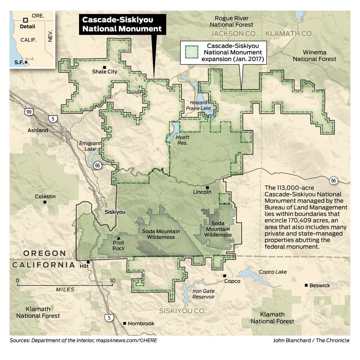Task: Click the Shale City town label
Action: [104, 72]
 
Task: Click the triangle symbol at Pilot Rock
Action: [119, 237]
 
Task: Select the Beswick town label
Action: [319, 285]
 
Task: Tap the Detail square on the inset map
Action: [25, 20]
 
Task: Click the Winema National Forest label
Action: [320, 56]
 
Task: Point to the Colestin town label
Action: [45, 196]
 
